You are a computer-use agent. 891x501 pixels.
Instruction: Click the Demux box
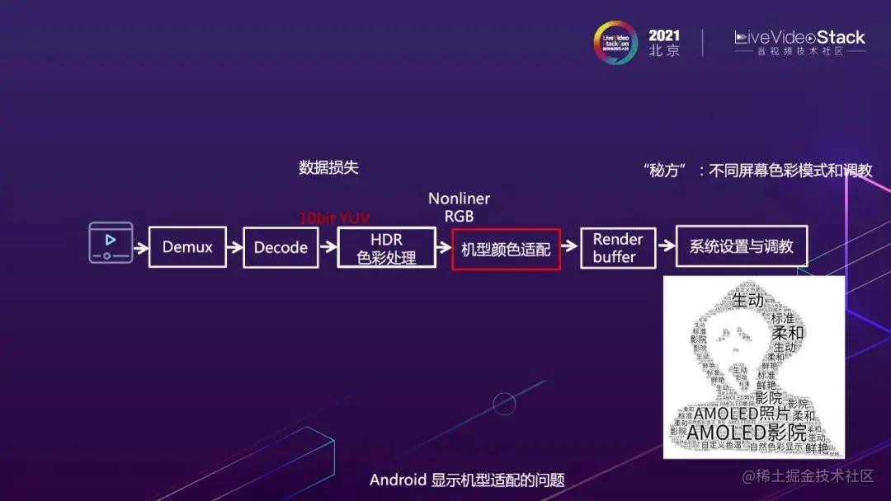click(187, 247)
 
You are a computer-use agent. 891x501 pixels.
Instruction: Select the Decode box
click(280, 247)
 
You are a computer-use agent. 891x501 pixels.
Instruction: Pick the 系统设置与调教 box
click(741, 246)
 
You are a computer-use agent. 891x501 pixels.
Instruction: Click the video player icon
click(111, 242)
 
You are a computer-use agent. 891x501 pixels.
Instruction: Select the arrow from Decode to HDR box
click(328, 247)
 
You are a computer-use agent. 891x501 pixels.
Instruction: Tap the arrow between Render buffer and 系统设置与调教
click(666, 247)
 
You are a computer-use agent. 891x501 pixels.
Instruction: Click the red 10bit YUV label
click(334, 218)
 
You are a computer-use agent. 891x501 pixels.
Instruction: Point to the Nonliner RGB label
click(459, 207)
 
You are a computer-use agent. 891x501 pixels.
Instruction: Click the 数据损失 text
click(328, 168)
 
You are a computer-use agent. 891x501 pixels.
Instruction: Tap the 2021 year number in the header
click(664, 35)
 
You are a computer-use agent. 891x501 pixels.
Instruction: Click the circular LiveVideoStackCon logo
click(616, 43)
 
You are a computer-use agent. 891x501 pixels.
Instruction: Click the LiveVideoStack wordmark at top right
click(799, 38)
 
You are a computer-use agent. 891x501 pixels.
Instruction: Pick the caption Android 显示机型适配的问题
click(467, 480)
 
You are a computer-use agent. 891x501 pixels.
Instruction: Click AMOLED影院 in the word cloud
click(747, 433)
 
